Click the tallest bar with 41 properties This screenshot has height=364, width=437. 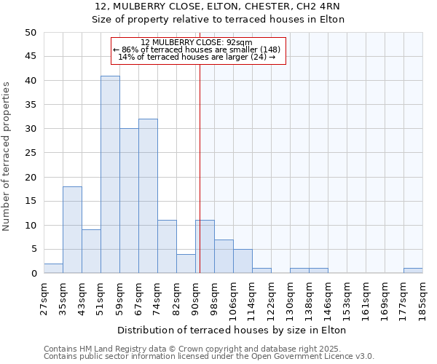[x=110, y=175]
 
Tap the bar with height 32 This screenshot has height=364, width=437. [x=148, y=196]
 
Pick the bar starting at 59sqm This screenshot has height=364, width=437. [x=129, y=201]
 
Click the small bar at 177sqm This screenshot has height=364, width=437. [x=413, y=271]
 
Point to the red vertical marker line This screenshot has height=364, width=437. [x=200, y=167]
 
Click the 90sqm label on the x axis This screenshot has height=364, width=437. [x=196, y=297]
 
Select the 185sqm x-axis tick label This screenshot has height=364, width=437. [x=423, y=297]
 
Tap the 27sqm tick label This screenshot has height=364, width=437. [x=44, y=297]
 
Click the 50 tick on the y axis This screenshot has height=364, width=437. [x=30, y=33]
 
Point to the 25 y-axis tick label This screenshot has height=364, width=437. [x=30, y=153]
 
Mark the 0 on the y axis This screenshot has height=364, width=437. [x=34, y=274]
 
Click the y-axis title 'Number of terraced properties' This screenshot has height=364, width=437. [x=7, y=156]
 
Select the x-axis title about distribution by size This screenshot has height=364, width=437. [x=232, y=330]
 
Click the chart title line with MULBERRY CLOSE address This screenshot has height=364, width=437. [x=218, y=7]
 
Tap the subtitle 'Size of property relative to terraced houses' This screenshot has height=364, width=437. [x=218, y=20]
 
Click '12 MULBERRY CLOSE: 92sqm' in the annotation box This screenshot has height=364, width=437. [x=197, y=42]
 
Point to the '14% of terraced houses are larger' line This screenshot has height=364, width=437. [x=197, y=58]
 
